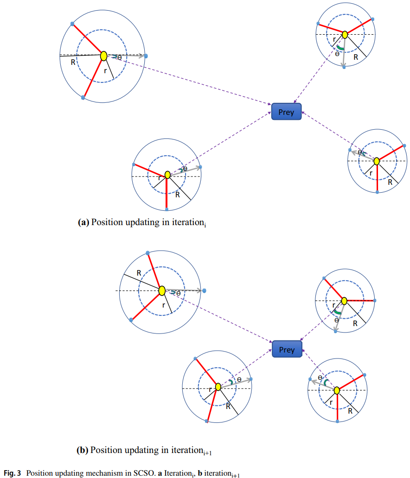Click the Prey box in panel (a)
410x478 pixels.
(286, 112)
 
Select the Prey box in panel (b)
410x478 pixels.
(287, 349)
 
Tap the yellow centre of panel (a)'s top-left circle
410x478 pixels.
(104, 56)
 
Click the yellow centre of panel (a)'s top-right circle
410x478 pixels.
(345, 35)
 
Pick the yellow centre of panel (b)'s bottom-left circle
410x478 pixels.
(218, 387)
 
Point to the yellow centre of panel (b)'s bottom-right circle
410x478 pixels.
(337, 390)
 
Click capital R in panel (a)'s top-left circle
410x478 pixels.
(73, 62)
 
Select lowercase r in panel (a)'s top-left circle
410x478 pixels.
(105, 70)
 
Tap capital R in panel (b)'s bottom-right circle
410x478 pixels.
(350, 410)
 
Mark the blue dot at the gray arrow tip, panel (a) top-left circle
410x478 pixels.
(146, 56)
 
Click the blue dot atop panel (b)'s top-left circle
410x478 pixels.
(147, 253)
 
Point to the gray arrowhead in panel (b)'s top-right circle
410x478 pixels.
(335, 329)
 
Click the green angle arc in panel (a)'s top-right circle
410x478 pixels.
(340, 48)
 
